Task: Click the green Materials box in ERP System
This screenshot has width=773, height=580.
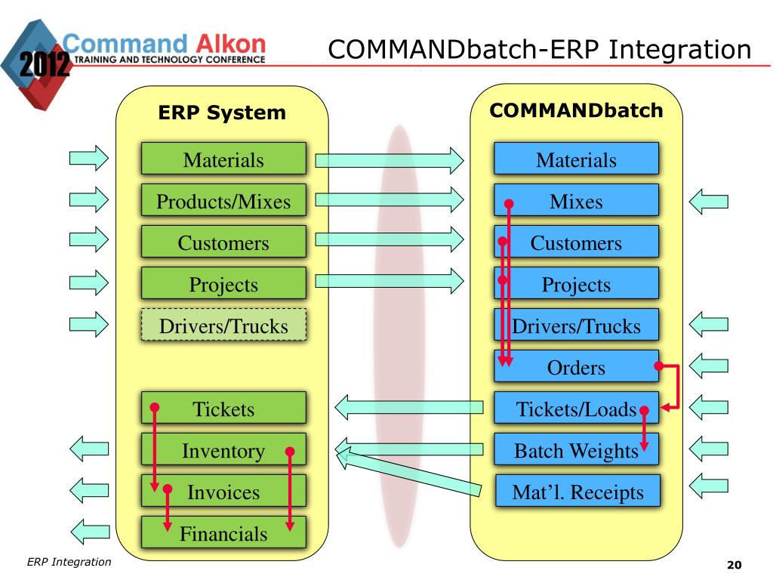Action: coord(223,159)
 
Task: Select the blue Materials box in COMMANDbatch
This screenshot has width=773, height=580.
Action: coord(576,159)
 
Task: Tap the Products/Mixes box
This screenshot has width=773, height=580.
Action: coord(223,199)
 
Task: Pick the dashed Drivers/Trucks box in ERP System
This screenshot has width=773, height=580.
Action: coord(223,325)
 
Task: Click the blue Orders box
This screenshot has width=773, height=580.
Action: coord(576,366)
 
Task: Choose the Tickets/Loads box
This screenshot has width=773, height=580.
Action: coord(576,407)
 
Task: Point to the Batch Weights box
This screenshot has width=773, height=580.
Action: coord(576,449)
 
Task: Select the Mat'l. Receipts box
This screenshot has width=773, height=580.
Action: coord(577,491)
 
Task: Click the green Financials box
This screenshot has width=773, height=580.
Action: coord(223,532)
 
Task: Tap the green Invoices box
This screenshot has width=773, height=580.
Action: coord(223,491)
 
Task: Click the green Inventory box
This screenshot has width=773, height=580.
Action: coord(223,449)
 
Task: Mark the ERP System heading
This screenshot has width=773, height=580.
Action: coord(222,113)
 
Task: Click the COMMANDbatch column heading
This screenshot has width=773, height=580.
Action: coord(576,110)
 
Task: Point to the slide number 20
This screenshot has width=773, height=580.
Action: coord(734,565)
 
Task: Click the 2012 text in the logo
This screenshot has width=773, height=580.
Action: coord(45,64)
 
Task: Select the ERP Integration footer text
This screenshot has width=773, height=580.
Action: coord(69,562)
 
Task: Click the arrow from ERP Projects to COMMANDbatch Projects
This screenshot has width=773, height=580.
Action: coord(390,281)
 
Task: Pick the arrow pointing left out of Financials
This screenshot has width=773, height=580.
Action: coord(91,532)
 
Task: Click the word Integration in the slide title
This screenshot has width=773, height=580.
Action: coord(680,50)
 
